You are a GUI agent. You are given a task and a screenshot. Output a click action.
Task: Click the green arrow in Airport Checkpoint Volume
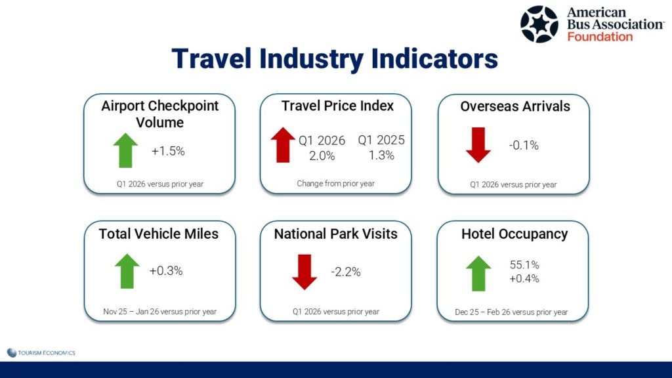tap(125, 150)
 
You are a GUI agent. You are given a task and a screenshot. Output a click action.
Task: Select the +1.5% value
tap(168, 152)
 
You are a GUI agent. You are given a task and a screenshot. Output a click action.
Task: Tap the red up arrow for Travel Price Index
tap(283, 145)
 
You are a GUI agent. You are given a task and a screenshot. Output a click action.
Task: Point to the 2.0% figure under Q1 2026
tap(322, 156)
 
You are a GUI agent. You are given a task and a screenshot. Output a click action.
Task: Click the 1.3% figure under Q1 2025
tap(381, 155)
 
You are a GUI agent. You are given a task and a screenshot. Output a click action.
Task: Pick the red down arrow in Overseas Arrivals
tap(478, 145)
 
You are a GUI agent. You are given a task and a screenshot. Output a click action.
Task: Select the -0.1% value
tap(524, 145)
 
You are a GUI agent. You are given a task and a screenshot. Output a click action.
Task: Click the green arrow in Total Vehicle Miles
tap(127, 271)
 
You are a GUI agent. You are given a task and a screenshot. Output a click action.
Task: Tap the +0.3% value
tap(166, 271)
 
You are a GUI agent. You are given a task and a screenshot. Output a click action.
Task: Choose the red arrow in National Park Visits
tap(304, 272)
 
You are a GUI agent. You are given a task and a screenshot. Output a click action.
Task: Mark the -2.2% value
tap(346, 272)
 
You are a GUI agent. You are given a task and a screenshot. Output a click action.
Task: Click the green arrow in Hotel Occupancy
tap(478, 274)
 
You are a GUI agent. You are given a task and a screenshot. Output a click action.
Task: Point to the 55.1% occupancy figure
tap(524, 265)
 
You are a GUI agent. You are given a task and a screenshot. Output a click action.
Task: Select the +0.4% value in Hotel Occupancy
tap(524, 278)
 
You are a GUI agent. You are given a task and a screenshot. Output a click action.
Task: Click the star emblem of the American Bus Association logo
tap(539, 24)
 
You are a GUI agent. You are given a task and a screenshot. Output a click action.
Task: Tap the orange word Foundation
tap(600, 37)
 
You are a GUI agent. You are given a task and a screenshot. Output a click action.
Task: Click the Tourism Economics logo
tap(41, 352)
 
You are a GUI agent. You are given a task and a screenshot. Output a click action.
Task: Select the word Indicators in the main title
tap(434, 58)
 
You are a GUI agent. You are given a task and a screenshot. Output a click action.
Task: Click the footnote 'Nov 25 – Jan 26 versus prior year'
tap(160, 312)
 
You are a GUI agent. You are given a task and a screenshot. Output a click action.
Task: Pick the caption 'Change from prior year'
tap(335, 184)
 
